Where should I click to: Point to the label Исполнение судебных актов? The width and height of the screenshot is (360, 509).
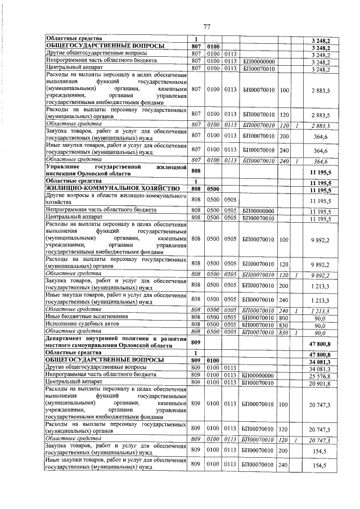[x=81, y=325]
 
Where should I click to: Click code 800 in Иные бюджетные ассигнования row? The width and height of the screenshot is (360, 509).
[x=283, y=317]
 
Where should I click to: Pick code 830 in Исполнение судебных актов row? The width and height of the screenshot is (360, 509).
[x=283, y=325]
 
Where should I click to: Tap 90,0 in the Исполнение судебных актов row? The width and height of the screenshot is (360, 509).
[x=320, y=325]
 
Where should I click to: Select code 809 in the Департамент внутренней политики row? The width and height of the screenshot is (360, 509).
[x=196, y=342]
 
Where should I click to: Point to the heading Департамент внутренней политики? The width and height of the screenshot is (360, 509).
[x=116, y=342]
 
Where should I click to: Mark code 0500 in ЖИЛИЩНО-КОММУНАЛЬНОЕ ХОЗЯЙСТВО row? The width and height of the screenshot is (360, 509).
[x=213, y=191]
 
